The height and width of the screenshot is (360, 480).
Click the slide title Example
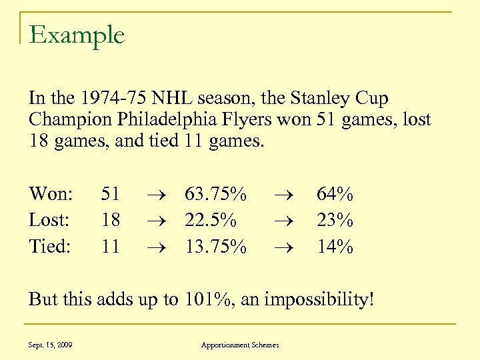click(77, 35)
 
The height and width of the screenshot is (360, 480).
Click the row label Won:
click(51, 194)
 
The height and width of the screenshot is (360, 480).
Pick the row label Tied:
click(50, 246)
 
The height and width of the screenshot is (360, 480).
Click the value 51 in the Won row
click(110, 194)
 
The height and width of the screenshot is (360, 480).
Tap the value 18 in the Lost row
click(110, 220)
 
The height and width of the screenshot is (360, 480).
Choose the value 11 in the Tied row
click(110, 246)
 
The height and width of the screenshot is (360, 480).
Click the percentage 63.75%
click(216, 194)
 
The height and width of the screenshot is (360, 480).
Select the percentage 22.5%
click(210, 220)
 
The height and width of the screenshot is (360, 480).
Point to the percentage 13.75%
click(216, 246)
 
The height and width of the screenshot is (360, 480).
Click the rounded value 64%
click(335, 194)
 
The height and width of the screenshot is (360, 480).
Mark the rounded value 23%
click(335, 220)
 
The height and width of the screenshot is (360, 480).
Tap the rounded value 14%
click(335, 246)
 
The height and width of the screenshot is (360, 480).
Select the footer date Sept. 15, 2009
click(51, 345)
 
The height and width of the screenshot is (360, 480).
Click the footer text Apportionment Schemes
click(240, 345)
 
